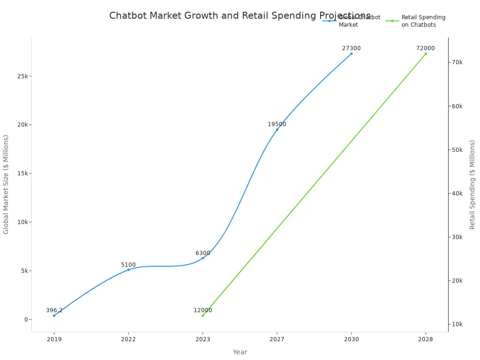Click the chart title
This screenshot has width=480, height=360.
[x=240, y=16]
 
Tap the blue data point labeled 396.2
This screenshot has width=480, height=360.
[x=54, y=315]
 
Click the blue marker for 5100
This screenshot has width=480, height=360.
[x=128, y=270]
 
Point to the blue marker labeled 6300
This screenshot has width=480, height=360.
[x=202, y=258]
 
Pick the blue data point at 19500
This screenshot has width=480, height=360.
[x=277, y=129]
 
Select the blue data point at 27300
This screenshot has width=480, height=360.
[x=351, y=53]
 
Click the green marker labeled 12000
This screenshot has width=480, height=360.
[x=202, y=315]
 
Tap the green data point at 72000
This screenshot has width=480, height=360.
[x=426, y=53]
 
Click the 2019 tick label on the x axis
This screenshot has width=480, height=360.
[x=54, y=339]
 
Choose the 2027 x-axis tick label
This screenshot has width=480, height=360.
[x=277, y=339]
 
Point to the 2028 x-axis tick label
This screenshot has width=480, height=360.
[x=426, y=339]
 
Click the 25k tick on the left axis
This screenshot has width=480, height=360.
[x=22, y=76]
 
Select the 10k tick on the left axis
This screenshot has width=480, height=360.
[x=22, y=222]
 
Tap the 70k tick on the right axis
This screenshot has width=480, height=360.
[x=457, y=62]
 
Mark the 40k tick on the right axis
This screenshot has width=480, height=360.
[x=457, y=194]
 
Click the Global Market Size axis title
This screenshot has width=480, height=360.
[x=6, y=184]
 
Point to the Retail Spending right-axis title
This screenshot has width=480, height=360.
[x=472, y=184]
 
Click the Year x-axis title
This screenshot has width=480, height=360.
[x=240, y=352]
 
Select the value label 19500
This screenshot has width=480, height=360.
[x=277, y=124]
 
